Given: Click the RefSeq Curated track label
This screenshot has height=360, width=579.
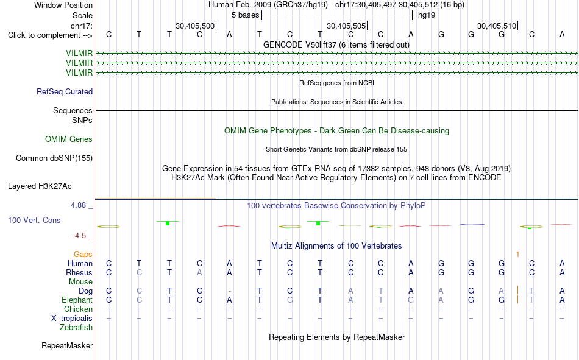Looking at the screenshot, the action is (65, 91).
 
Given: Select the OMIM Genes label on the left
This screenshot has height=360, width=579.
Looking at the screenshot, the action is (69, 139).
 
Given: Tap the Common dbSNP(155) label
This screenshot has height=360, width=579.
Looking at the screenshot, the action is (54, 158).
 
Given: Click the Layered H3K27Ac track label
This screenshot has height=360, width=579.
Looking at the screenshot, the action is (40, 186).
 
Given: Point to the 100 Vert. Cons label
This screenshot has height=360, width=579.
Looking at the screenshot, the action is (34, 221).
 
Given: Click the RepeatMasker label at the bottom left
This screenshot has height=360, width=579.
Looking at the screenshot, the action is (67, 346).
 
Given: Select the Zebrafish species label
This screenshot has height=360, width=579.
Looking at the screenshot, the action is (76, 328).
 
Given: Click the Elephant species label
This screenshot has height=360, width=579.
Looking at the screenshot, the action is (77, 300).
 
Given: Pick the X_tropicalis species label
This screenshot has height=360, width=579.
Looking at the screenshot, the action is (72, 319).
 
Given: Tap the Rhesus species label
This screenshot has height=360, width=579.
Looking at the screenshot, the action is (79, 272).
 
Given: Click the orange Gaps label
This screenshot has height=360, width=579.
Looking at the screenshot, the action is (83, 255).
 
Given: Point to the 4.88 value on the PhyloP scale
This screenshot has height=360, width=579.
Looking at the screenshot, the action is (78, 205).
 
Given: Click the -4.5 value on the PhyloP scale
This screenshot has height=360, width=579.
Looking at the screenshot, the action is (79, 236).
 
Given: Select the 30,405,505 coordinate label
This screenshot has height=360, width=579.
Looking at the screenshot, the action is (346, 26).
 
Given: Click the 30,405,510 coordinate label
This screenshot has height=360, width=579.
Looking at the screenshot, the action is (497, 26).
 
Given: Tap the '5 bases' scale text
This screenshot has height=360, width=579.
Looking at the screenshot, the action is (246, 15).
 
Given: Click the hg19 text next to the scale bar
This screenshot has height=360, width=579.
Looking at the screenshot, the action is (427, 15).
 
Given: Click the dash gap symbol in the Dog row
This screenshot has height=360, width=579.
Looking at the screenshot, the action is (229, 291).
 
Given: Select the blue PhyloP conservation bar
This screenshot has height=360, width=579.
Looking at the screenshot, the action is (472, 224).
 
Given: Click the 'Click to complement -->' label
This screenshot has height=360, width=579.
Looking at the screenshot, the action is (50, 35).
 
